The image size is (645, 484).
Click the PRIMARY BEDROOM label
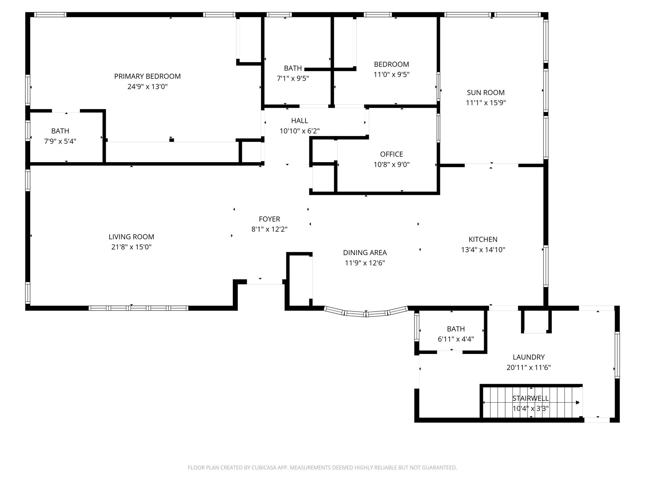[x=147, y=76]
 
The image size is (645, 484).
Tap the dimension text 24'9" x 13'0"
[x=147, y=87]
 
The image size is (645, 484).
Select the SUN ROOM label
[x=485, y=93]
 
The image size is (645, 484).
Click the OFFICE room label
[x=391, y=154]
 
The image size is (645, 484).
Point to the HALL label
[x=299, y=121]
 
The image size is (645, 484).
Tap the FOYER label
[x=269, y=219]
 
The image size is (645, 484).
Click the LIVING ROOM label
[x=131, y=237]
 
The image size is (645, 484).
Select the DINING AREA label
[x=365, y=253]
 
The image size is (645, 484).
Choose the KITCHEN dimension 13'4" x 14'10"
[x=483, y=250]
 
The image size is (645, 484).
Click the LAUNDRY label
[x=528, y=357]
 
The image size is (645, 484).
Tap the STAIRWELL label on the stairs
[x=530, y=398]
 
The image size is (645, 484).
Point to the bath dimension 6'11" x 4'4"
[x=455, y=339]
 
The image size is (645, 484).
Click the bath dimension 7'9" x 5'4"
[x=60, y=141]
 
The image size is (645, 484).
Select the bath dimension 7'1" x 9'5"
[x=293, y=78]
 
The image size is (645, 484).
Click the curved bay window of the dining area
[x=366, y=313]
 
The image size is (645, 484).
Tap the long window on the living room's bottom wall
[x=138, y=308]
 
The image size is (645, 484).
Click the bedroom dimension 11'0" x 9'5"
[x=391, y=75]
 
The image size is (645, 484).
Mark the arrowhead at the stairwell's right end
[x=577, y=402]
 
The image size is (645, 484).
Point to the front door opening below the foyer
[x=264, y=282]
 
